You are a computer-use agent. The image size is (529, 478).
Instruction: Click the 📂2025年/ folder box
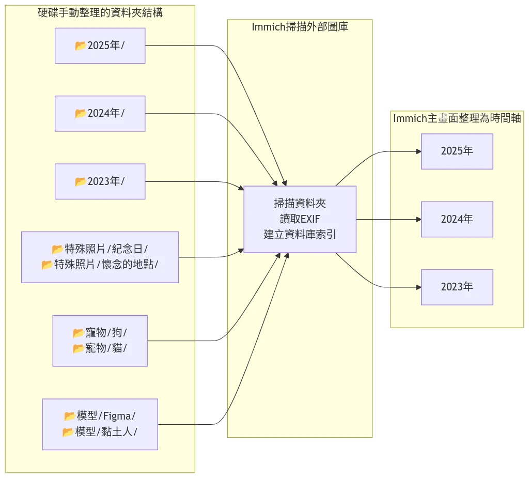click(100, 45)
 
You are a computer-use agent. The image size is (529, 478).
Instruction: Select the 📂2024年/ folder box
click(100, 113)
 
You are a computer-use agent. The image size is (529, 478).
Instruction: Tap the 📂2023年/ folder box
click(100, 181)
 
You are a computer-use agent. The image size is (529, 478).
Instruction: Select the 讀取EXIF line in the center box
click(300, 219)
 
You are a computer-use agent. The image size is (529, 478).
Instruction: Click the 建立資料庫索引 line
click(300, 234)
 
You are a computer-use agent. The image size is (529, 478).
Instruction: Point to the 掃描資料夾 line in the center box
click(300, 204)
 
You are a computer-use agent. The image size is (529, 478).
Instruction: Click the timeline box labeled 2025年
click(457, 151)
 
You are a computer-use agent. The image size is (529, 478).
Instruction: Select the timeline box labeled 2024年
click(457, 219)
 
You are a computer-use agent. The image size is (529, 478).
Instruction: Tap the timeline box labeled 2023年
click(457, 287)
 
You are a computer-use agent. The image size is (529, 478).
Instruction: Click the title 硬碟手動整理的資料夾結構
click(100, 13)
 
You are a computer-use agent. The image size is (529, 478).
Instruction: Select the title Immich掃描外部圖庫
click(300, 27)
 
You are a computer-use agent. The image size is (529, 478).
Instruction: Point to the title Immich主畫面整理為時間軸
click(457, 118)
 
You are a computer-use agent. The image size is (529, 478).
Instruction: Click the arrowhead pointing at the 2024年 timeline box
click(418, 219)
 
